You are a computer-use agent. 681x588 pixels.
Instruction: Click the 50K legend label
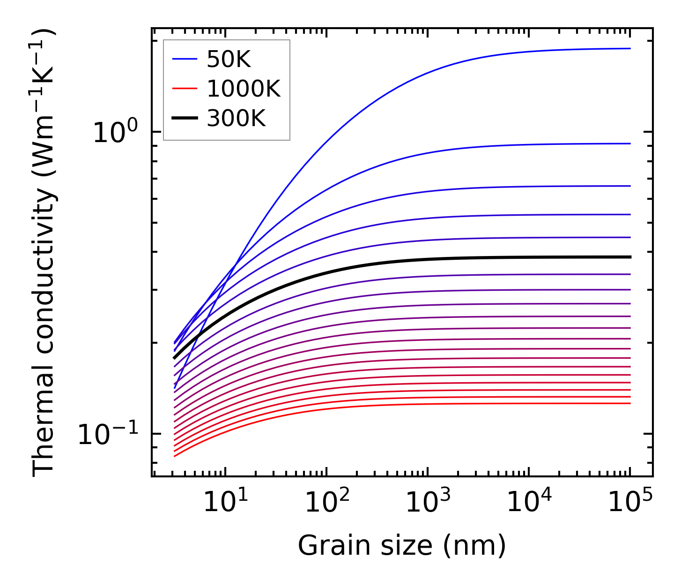pyautogui.click(x=229, y=60)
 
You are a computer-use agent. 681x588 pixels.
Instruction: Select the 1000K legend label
pyautogui.click(x=243, y=89)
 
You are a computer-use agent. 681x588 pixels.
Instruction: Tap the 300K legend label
pyautogui.click(x=236, y=119)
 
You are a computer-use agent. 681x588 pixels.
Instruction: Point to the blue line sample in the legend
pyautogui.click(x=186, y=59)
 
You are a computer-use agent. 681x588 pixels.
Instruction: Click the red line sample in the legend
pyautogui.click(x=186, y=89)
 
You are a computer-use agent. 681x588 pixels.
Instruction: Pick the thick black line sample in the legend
pyautogui.click(x=186, y=118)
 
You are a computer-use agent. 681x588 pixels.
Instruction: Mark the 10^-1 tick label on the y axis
pyautogui.click(x=108, y=434)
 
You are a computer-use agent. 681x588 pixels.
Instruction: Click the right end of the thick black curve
pyautogui.click(x=630, y=257)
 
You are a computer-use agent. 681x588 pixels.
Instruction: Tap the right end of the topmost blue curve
pyautogui.click(x=630, y=48)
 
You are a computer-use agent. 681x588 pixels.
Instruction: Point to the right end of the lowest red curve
pyautogui.click(x=630, y=403)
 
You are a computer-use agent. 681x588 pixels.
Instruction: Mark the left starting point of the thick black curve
pyautogui.click(x=174, y=358)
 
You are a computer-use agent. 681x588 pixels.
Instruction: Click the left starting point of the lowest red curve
pyautogui.click(x=174, y=456)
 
